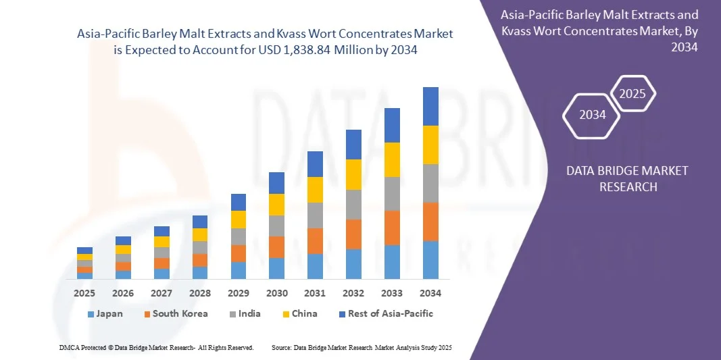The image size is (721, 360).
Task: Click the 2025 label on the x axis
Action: click(84, 293)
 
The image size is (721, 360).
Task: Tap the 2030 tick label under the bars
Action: click(277, 293)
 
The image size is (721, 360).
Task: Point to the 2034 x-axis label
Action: click(430, 293)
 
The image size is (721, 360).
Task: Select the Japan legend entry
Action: click(105, 313)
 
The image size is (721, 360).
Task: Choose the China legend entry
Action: click(299, 313)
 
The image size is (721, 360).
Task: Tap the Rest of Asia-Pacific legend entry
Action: click(386, 313)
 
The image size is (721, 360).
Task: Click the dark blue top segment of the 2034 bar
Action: click(430, 106)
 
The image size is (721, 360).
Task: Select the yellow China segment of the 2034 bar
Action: click(430, 145)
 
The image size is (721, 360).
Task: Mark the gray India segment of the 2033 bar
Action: click(392, 194)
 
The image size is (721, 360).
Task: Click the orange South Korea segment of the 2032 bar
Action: click(353, 234)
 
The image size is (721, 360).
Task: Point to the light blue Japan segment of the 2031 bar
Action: click(315, 266)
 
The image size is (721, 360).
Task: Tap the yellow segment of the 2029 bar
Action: click(238, 220)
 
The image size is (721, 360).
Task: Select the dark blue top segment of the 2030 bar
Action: click(276, 183)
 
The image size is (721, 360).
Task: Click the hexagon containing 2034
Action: click(592, 114)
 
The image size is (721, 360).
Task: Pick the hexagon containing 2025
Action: click(632, 94)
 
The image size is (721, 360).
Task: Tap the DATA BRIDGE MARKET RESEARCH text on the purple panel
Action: click(628, 178)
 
